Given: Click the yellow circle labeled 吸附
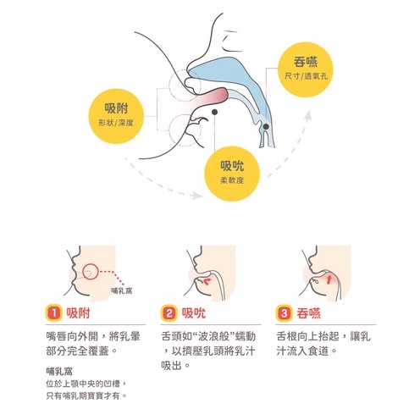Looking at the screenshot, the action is click(116, 116).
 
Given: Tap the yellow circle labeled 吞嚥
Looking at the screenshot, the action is click(306, 69).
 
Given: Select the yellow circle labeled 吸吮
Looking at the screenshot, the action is click(232, 174).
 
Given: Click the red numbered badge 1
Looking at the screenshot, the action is click(54, 312).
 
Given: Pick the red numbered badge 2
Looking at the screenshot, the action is click(169, 312).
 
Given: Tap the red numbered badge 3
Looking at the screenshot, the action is click(284, 312).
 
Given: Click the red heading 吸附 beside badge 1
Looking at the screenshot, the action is click(78, 313).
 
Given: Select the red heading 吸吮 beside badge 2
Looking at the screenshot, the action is click(194, 313).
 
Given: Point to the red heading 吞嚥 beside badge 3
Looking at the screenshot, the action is click(308, 313).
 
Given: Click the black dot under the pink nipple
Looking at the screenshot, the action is click(214, 112).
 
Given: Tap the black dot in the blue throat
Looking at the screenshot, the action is click(266, 127).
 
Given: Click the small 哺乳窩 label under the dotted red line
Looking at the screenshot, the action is click(122, 290).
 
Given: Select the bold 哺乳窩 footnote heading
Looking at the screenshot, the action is click(59, 371).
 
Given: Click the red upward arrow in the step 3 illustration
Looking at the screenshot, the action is click(329, 279).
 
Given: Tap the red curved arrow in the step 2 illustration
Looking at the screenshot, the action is click(207, 281).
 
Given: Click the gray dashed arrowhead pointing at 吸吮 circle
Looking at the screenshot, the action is click(196, 196).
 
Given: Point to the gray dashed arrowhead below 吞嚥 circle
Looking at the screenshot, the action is click(308, 115).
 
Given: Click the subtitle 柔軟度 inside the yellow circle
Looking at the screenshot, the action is click(232, 180).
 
